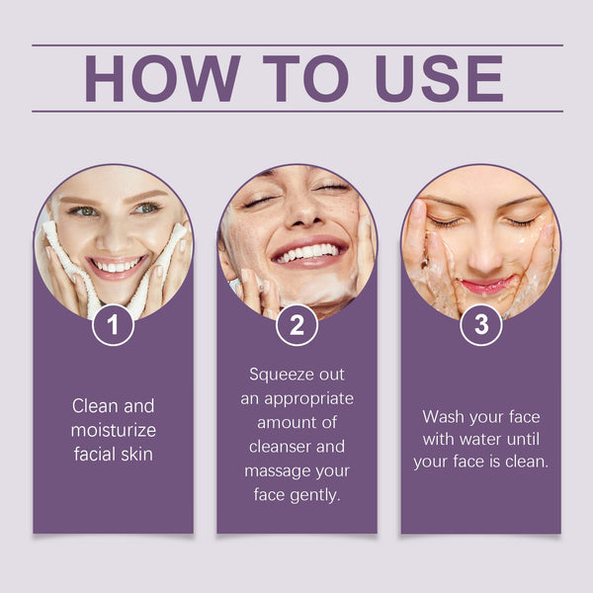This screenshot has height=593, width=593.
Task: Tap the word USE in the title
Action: coord(439,78)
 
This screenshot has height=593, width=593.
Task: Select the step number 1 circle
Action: coord(113,325)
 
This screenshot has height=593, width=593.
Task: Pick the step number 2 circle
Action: coord(296,325)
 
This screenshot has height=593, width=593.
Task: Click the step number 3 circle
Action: coord(481,325)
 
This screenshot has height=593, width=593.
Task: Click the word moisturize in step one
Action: coord(114,430)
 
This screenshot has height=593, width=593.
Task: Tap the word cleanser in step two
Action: coord(279,447)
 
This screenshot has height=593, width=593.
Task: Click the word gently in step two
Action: coord(315,496)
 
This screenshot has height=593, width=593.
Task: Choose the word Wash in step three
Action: coord(443,417)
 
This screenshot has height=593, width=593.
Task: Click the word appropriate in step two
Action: coord(309,399)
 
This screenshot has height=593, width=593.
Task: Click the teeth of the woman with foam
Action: coord(307,252)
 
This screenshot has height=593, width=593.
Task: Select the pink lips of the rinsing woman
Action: coord(486,286)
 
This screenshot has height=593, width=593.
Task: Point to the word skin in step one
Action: coord(138,455)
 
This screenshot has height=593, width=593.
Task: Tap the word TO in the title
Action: coord(305,78)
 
